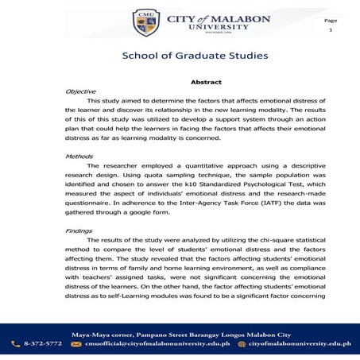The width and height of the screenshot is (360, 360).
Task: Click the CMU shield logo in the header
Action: (145, 22)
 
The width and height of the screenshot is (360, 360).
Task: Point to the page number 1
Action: (331, 29)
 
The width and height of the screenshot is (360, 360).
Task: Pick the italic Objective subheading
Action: (81, 91)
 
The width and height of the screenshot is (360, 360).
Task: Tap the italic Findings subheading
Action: (80, 230)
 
